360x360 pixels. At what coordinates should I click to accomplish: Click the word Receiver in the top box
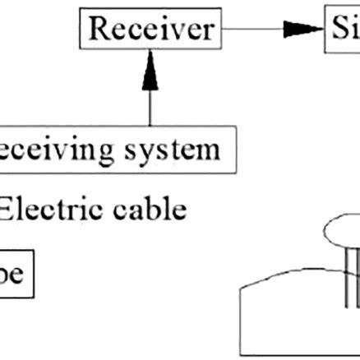(150, 30)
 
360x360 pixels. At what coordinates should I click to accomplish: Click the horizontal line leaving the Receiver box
(255, 30)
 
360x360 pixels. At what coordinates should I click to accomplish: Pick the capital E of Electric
(7, 209)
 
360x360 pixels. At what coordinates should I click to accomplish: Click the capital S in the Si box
(340, 30)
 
